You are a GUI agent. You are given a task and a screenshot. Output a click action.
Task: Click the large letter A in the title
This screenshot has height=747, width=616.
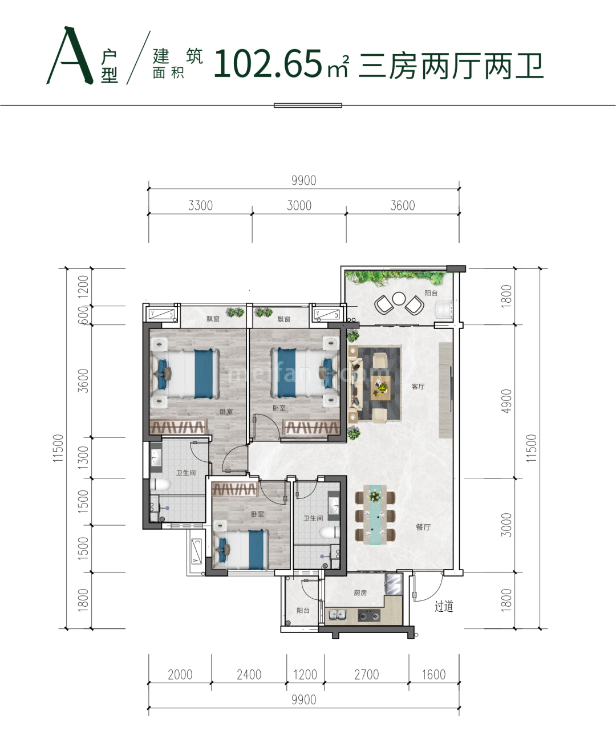(x=70, y=57)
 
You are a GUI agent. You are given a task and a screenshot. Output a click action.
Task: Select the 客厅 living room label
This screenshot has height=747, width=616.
(x=418, y=387)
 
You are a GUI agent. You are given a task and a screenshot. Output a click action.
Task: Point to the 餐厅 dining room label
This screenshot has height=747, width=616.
(x=423, y=527)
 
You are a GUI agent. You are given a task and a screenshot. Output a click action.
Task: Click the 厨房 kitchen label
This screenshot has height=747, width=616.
(x=360, y=593)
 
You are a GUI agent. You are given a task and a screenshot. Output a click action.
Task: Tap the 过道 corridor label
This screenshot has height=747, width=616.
(x=444, y=607)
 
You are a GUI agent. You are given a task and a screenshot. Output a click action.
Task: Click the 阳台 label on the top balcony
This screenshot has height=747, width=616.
(x=431, y=293)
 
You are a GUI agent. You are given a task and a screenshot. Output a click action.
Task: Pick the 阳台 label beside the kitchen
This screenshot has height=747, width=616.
(x=303, y=610)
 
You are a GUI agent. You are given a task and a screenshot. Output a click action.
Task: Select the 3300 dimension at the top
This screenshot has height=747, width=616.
(x=200, y=205)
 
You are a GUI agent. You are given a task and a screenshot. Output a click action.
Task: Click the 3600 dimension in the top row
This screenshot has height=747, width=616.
(x=402, y=205)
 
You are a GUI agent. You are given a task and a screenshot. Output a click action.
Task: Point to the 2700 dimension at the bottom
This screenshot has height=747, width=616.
(x=366, y=675)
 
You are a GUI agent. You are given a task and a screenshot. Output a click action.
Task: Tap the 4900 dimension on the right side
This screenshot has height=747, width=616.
(x=506, y=401)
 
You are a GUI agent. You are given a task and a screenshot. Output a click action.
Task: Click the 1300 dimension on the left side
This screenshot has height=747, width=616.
(x=83, y=457)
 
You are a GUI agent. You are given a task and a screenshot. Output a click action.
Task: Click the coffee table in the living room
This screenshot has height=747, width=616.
(x=381, y=388)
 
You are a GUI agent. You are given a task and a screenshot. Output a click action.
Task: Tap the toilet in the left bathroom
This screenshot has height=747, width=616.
(x=161, y=485)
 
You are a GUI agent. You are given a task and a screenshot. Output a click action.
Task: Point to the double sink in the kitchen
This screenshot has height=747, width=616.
(x=337, y=615)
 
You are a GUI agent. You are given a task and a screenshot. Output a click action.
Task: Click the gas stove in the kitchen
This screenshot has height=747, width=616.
(x=368, y=615)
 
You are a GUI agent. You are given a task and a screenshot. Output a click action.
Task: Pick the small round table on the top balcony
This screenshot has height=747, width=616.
(x=399, y=299)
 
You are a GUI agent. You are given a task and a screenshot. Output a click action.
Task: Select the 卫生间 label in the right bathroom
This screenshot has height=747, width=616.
(x=313, y=518)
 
